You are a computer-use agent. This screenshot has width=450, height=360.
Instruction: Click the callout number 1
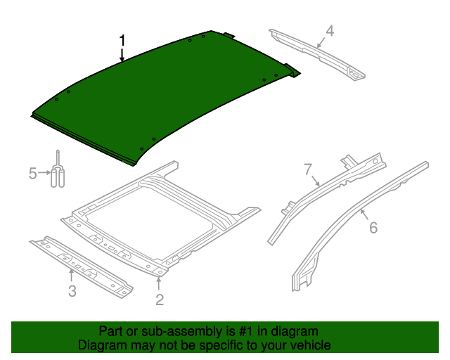click(x=122, y=41)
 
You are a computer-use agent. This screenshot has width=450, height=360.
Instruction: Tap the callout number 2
click(x=160, y=300)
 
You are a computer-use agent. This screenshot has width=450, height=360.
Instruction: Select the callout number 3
click(x=72, y=291)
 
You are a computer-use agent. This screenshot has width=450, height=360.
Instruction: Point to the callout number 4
click(x=329, y=30)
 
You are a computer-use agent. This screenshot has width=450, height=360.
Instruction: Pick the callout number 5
click(x=32, y=173)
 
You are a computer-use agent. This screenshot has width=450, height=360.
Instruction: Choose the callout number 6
click(x=373, y=227)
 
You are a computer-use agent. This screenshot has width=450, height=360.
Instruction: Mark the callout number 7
click(x=307, y=169)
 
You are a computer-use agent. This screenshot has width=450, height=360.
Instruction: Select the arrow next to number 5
click(x=44, y=172)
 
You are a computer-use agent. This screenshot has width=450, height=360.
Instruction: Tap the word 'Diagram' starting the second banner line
click(x=102, y=345)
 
